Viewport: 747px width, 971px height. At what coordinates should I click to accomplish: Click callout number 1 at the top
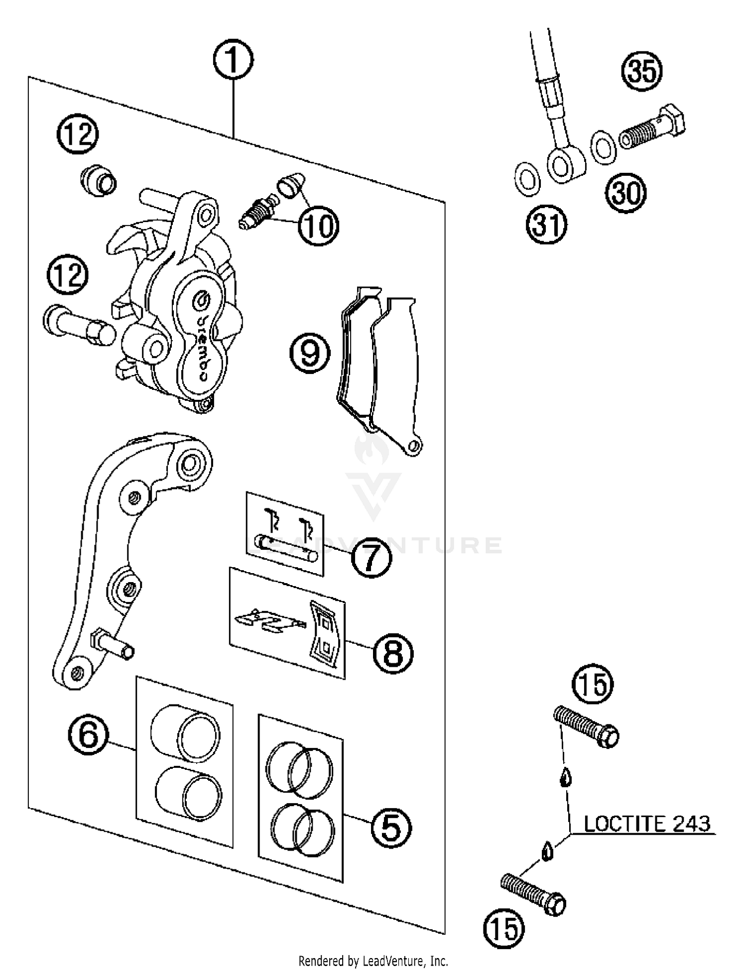pos(233,60)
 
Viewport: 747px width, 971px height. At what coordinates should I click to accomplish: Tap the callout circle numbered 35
pos(642,70)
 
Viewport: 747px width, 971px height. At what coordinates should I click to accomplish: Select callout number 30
pos(625,193)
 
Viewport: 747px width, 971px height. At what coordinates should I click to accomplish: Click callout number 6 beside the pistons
pos(89,735)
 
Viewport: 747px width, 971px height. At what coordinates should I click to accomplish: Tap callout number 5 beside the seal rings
pos(391,828)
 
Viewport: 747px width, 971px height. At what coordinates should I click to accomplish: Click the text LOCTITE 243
pos(646,824)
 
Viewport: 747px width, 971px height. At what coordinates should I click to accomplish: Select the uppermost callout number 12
pos(78,134)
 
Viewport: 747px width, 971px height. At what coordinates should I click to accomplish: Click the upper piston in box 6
pos(184,733)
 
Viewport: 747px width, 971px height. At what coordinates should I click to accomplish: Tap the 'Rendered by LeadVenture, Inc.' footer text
pos(373,961)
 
